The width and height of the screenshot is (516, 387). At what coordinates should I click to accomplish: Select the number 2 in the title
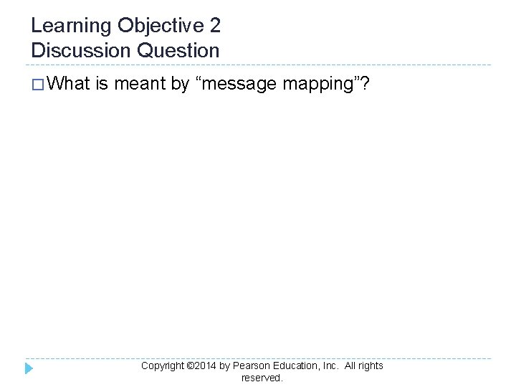pyautogui.click(x=215, y=27)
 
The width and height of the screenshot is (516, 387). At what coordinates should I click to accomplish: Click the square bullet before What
pyautogui.click(x=37, y=85)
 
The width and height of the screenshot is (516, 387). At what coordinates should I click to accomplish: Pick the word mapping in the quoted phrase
pyautogui.click(x=322, y=85)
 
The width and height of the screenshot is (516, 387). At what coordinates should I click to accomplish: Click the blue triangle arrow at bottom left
pyautogui.click(x=29, y=368)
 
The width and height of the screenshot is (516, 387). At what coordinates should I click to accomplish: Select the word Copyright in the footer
pyautogui.click(x=163, y=365)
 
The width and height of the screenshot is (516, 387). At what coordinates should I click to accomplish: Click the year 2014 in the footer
pyautogui.click(x=206, y=365)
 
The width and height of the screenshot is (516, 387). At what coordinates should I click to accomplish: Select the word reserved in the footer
pyautogui.click(x=262, y=377)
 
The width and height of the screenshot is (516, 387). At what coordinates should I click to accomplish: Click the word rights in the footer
pyautogui.click(x=371, y=365)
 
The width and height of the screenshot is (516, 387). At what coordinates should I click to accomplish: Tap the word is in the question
pyautogui.click(x=101, y=85)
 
